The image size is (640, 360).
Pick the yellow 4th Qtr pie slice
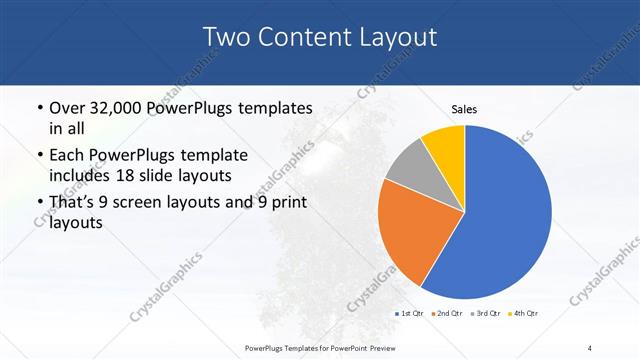pos(444,145)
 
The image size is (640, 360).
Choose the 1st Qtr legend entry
pos(412,314)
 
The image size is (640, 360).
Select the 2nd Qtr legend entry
pos(447,314)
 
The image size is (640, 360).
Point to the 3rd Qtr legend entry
pos(487,314)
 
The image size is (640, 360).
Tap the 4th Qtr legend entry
pos(524,314)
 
